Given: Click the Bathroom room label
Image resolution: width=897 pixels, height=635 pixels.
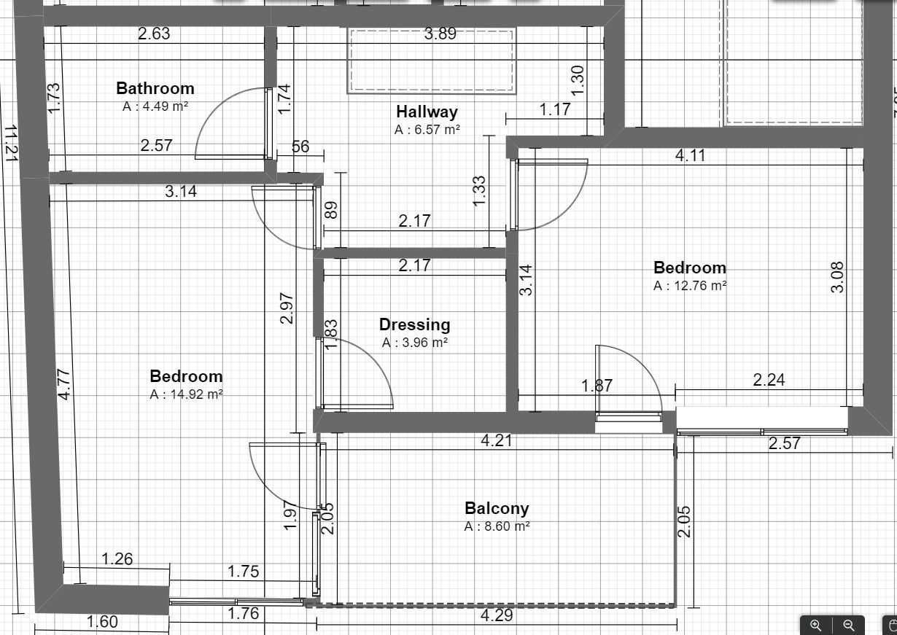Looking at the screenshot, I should pos(155,88).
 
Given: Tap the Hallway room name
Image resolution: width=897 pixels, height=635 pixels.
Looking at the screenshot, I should pos(427,112).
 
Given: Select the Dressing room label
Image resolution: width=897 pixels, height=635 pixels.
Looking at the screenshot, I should pos(414,324).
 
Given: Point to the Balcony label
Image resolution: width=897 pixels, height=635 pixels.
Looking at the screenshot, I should pos(497,508).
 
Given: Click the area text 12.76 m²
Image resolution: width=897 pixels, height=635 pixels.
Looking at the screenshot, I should pos(690,286).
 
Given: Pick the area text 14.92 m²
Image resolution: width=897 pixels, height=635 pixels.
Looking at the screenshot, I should pos(186,394).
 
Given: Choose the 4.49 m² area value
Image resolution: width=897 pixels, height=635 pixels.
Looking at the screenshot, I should pos(155,106).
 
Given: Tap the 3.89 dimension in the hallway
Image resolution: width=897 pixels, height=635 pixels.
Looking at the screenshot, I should pos(440,34).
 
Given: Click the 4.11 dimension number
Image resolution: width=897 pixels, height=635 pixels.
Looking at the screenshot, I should pos(690,155).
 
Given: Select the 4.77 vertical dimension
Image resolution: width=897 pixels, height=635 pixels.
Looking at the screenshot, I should pos(64,384).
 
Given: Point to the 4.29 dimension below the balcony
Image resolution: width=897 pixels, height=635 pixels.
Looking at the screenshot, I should pos(496,615).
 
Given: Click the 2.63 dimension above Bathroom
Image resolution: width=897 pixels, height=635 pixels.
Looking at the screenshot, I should pos(154,34).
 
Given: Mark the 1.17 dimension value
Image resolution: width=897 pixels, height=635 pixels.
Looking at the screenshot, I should pos(555,109).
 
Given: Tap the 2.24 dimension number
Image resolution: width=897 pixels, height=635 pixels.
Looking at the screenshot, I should pos(769,379).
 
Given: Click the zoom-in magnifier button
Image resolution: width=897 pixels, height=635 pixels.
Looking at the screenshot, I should pos(816,625).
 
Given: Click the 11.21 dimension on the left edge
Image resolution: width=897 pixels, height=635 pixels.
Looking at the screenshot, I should pos(10,142).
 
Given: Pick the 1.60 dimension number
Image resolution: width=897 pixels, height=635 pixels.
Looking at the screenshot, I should pos(101,622).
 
